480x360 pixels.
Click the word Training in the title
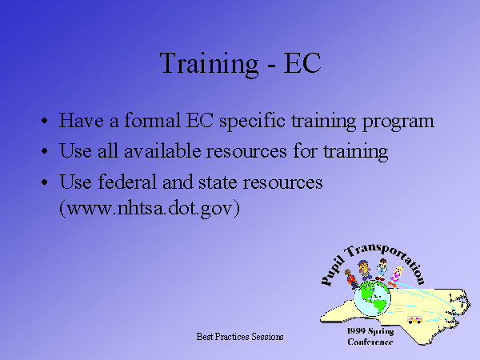coord(209,64)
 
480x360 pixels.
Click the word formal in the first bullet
coord(152,120)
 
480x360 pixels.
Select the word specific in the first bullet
coord(252,122)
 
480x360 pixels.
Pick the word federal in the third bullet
coord(127,182)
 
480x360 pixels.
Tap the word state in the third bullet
coord(218,182)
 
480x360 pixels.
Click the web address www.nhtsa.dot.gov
coord(150,208)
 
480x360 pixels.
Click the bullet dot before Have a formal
coord(45,121)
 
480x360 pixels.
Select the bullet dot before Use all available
coord(45,151)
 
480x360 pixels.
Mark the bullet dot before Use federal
coord(45,182)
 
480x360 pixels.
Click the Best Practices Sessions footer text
coord(240,337)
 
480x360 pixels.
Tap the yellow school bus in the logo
coord(414,320)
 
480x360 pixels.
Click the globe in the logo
coord(372,299)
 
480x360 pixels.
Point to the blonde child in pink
coord(395,277)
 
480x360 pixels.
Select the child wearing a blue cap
coord(364,270)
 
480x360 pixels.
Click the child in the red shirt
coord(351,278)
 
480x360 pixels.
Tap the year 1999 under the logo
coord(356,331)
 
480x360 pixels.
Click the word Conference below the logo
coord(370,342)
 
